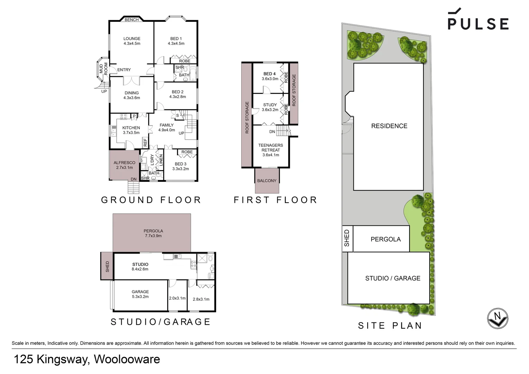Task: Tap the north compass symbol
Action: pyautogui.click(x=497, y=318)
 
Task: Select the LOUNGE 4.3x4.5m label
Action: pyautogui.click(x=132, y=41)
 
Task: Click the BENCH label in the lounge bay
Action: pyautogui.click(x=132, y=20)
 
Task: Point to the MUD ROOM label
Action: pyautogui.click(x=104, y=69)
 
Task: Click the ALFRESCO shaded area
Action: pyautogui.click(x=124, y=165)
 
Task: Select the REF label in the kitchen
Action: pyautogui.click(x=145, y=142)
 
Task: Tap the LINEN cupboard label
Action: pyautogui.click(x=161, y=160)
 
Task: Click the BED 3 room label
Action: pyautogui.click(x=180, y=167)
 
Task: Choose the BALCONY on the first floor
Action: pyautogui.click(x=267, y=180)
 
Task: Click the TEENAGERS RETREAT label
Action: pyautogui.click(x=270, y=150)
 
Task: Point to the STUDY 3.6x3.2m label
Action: pyautogui.click(x=270, y=107)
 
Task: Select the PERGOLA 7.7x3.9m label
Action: pyautogui.click(x=153, y=233)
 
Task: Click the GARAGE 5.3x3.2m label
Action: pyautogui.click(x=140, y=294)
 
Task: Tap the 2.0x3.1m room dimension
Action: pyautogui.click(x=177, y=298)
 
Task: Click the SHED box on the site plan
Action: pyautogui.click(x=347, y=239)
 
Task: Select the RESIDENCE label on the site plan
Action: pyautogui.click(x=389, y=126)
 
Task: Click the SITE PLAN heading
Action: pyautogui.click(x=390, y=326)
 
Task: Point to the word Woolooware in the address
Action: pyautogui.click(x=127, y=359)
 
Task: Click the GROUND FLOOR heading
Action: pyautogui.click(x=151, y=200)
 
